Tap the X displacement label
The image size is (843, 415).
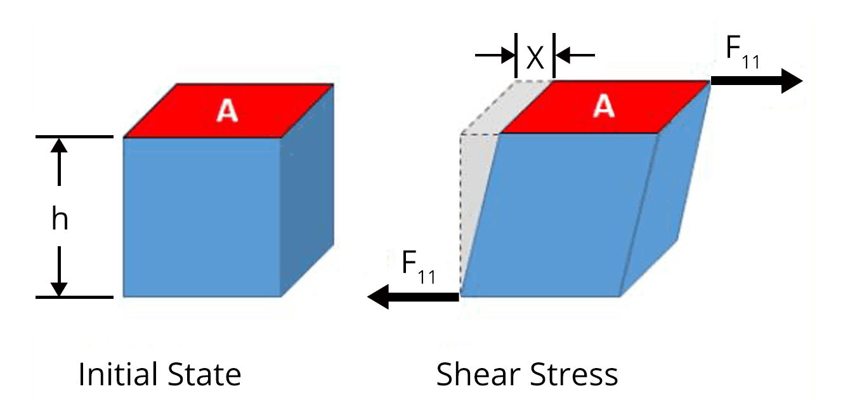pyautogui.click(x=535, y=58)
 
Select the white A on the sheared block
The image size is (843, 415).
pyautogui.click(x=603, y=107)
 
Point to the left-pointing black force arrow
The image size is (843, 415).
pyautogui.click(x=413, y=296)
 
